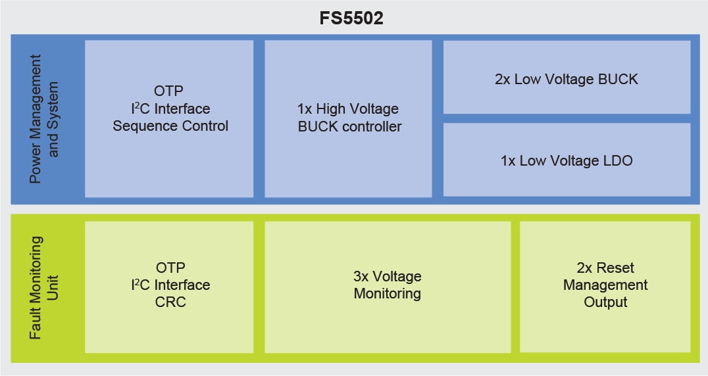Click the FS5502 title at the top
351,18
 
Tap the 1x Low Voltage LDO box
567,160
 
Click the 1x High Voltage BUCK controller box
348,118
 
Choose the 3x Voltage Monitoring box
387,287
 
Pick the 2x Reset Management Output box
605,287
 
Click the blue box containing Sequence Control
169,118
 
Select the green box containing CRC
169,287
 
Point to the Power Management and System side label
45,119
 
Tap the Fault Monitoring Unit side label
45,287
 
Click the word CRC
170,302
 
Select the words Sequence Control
170,126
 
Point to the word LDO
618,160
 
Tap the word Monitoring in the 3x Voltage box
387,294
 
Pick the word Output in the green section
605,302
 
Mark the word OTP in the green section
170,268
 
